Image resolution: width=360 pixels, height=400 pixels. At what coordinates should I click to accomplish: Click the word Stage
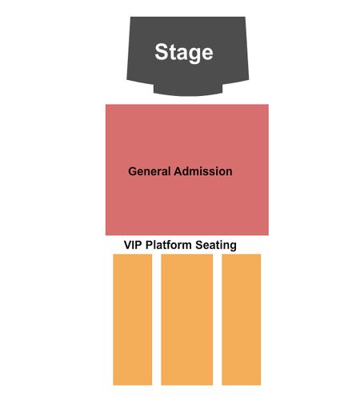click(x=184, y=53)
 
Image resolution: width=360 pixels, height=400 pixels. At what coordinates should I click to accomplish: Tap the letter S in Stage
click(x=161, y=51)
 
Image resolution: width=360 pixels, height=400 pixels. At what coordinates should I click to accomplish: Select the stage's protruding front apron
click(x=188, y=90)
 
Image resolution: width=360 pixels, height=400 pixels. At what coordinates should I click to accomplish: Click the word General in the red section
click(x=149, y=171)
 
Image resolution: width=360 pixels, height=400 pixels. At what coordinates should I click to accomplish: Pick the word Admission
click(x=203, y=171)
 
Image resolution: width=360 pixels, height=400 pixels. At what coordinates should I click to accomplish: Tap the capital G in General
click(x=132, y=171)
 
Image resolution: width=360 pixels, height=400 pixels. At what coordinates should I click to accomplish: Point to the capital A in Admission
click(x=178, y=171)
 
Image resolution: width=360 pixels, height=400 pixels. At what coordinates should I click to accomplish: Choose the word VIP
click(x=133, y=245)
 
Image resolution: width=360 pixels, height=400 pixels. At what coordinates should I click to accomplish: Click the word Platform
click(x=168, y=245)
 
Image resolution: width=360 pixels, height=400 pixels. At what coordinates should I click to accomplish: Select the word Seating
click(x=216, y=246)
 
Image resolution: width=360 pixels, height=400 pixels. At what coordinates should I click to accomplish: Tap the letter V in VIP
click(x=128, y=245)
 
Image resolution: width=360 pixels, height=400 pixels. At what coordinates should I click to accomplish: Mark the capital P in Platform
click(x=149, y=245)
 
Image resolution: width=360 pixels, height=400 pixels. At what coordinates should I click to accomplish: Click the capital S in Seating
click(x=199, y=245)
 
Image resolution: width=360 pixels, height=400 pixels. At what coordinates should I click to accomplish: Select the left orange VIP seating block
click(x=133, y=319)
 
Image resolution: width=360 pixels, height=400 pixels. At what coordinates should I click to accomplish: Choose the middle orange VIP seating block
click(x=187, y=319)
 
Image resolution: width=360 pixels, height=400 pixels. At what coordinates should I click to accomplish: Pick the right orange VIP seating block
click(x=242, y=319)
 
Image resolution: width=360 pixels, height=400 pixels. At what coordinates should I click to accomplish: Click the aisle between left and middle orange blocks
click(x=157, y=319)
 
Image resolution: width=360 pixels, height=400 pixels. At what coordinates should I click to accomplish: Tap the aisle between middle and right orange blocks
click(x=218, y=319)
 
